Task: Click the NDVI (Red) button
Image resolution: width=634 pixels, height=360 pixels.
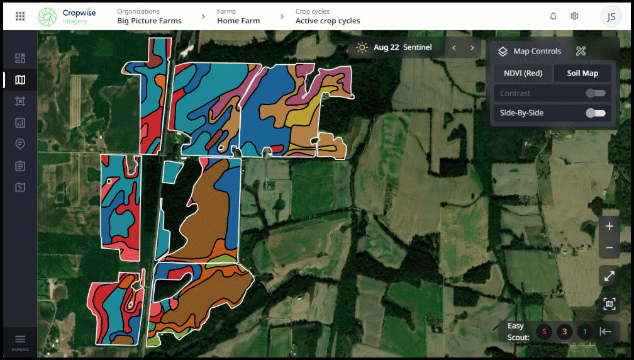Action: [x=523, y=73]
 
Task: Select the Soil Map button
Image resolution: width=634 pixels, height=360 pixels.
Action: [x=582, y=73]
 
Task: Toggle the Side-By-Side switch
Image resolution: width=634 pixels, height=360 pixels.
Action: [x=595, y=113]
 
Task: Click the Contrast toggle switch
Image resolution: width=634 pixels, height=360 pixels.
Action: [x=595, y=93]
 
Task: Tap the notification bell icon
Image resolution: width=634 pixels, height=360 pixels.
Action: [x=553, y=16]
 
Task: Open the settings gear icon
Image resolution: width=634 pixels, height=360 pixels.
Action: [x=574, y=16]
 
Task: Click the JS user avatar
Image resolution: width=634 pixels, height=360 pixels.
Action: [x=611, y=16]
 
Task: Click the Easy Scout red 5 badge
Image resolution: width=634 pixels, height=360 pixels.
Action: [x=544, y=332]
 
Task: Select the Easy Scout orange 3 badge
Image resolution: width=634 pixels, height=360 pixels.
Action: [x=565, y=332]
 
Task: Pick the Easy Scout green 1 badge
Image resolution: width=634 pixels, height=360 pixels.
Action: [x=585, y=332]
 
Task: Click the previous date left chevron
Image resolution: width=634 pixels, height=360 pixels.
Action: [x=453, y=48]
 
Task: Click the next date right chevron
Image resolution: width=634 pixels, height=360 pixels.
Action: [x=472, y=48]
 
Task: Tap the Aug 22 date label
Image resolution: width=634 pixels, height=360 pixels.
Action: [x=386, y=47]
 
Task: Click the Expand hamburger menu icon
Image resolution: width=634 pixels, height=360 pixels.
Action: [x=20, y=340]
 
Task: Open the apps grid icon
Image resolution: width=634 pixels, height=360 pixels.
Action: [x=20, y=16]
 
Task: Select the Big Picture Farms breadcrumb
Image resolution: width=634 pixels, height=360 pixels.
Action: [x=149, y=21]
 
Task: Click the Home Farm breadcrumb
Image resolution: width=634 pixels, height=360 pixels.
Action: [x=238, y=21]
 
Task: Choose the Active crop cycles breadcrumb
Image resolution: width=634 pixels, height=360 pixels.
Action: [x=328, y=21]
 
